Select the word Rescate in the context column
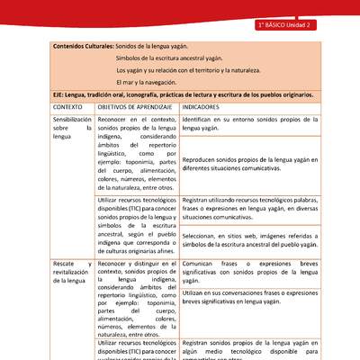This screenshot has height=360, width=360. (x=67, y=263)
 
